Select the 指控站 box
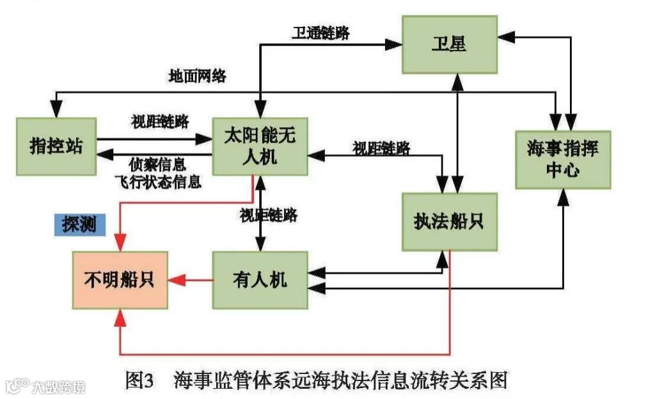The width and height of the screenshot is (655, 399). coord(57,145)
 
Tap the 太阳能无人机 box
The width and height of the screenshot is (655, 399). coord(260,146)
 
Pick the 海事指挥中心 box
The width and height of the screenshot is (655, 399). coord(563,159)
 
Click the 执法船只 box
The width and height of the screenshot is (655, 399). coord(449,221)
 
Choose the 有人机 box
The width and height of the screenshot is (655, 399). coord(260,280)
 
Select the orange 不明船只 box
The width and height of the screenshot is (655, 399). coord(120,280)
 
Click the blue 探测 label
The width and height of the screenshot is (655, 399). coord(79,225)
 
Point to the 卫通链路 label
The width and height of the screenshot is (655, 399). coord(321,33)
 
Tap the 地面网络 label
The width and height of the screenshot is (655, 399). coord(197,75)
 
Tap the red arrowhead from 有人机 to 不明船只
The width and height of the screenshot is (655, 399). coord(175,280)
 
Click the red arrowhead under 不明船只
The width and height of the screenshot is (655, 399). coord(120,317)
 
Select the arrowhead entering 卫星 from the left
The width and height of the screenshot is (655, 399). coord(395,45)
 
